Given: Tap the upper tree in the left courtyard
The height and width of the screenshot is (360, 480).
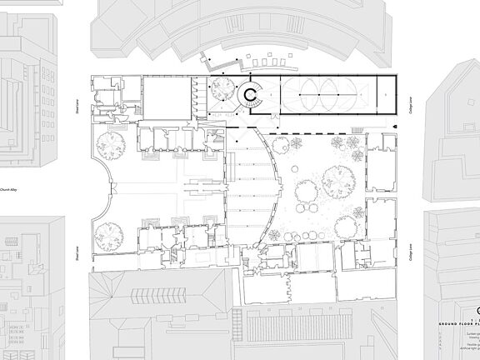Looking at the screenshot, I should click(x=109, y=142).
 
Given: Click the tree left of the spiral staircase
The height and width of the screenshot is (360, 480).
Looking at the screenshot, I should click(x=222, y=90).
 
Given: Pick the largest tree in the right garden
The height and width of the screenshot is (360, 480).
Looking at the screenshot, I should click(x=337, y=178).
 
